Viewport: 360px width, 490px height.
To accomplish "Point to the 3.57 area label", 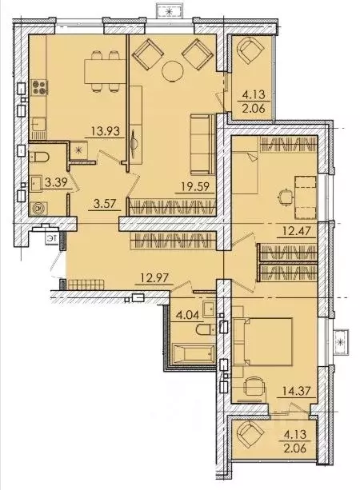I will point(102,203).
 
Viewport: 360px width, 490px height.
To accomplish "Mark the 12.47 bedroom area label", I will point(292,233).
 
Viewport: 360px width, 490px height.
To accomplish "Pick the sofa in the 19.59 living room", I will point(200,141).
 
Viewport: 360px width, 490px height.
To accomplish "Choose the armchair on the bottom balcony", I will point(250,438).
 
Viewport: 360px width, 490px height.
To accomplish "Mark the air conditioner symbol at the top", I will point(169,10).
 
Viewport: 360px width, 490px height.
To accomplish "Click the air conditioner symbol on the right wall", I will point(342,344).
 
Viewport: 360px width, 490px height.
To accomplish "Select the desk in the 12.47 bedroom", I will point(302,193).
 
